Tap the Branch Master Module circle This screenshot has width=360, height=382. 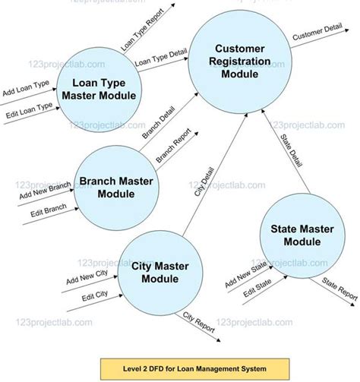coord(116,186)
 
